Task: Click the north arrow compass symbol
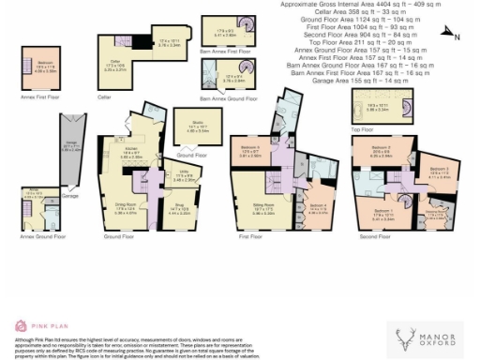click(447, 37)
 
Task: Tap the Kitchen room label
click(131, 155)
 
